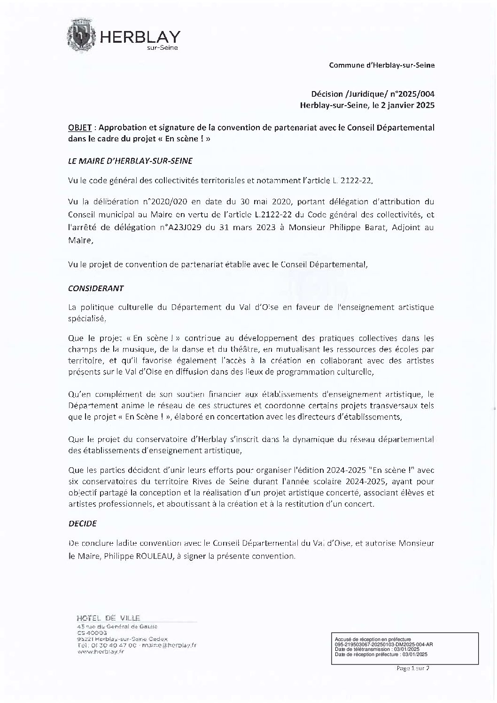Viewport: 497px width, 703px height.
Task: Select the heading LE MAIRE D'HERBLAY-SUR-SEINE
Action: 130,160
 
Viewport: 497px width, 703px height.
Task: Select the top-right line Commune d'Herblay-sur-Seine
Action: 381,66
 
